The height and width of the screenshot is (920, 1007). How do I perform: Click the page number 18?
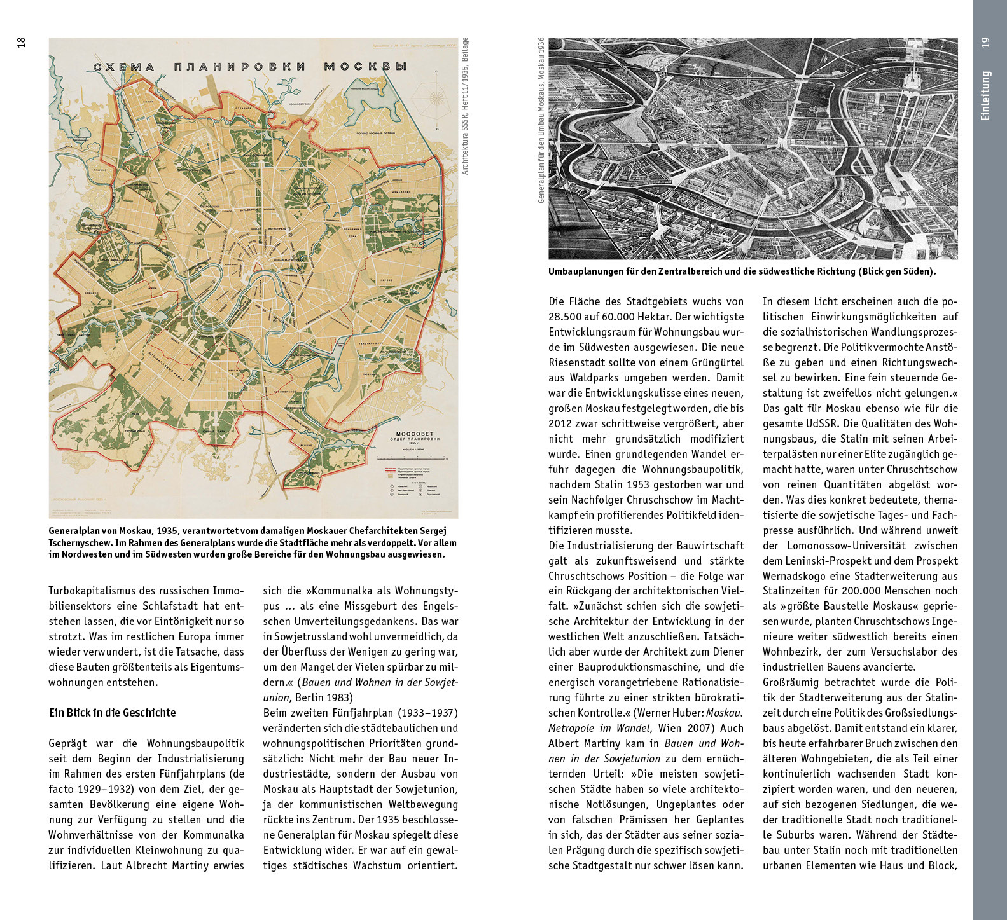21,42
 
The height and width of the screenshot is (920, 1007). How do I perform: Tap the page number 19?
985,42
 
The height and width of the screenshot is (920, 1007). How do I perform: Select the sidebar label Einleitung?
985,95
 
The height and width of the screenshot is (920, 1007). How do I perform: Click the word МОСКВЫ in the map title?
365,66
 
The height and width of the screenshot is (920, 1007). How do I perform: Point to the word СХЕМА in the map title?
124,67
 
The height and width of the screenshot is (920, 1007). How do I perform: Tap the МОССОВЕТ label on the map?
414,434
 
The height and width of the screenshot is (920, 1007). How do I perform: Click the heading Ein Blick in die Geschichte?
113,713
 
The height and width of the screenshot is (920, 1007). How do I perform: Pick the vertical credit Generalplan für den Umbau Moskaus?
541,120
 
